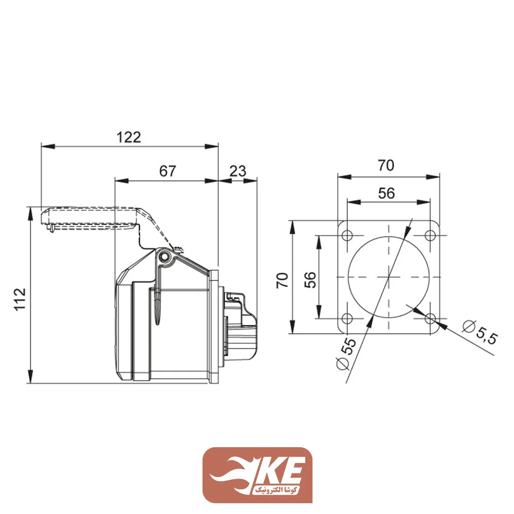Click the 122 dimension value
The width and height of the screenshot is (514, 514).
(x=128, y=137)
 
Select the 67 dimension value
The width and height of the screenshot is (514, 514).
(x=167, y=171)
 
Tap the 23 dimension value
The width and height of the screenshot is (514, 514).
(x=237, y=171)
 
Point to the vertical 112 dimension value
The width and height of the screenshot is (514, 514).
(x=20, y=299)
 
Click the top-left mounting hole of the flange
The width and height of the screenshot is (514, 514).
(x=347, y=235)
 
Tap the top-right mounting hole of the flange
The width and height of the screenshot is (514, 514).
(x=430, y=235)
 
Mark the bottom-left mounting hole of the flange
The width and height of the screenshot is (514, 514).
(x=347, y=318)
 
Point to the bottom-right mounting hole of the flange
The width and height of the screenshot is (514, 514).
(x=430, y=318)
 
